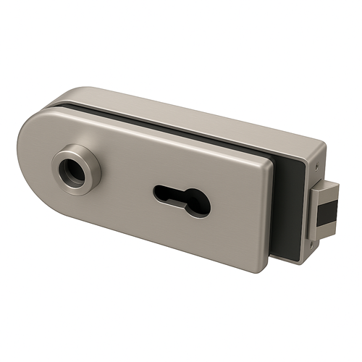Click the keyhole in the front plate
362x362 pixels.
coord(182,200)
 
